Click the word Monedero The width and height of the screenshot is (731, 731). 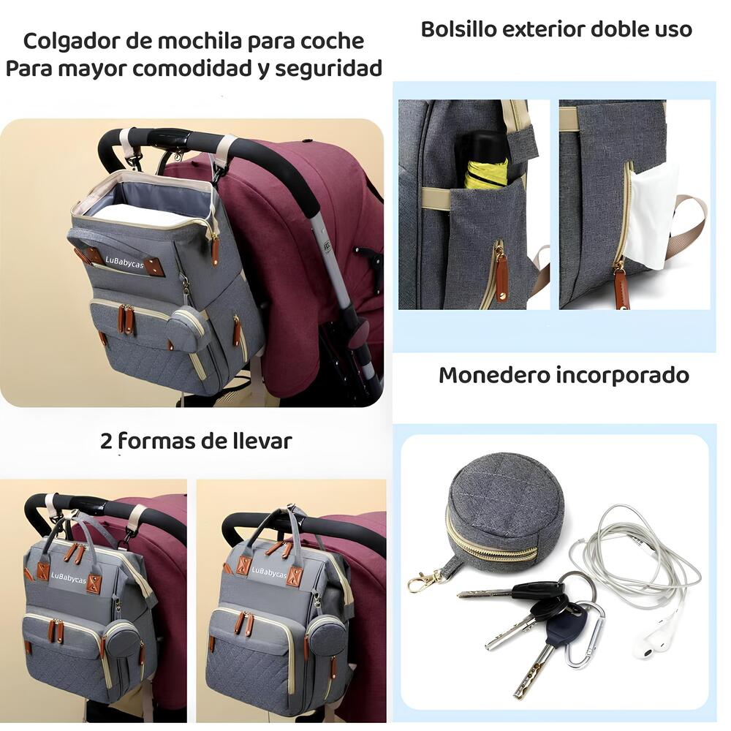point(493,375)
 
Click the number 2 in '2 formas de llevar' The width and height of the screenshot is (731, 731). point(107,441)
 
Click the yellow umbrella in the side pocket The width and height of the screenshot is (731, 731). point(486,164)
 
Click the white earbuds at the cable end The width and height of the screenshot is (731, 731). point(654,640)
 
